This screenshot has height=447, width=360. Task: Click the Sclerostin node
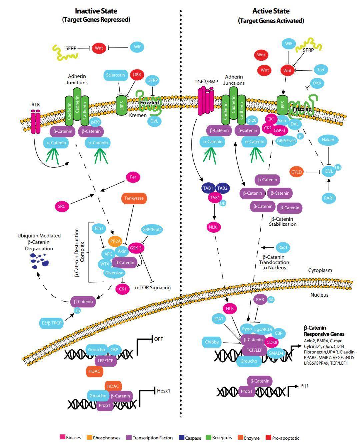pyautogui.click(x=116, y=75)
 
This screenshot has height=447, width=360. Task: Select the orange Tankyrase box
pyautogui.click(x=134, y=198)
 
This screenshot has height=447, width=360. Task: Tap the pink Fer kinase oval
pyautogui.click(x=133, y=177)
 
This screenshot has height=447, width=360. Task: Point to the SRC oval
pyautogui.click(x=62, y=206)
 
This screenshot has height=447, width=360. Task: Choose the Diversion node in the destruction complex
pyautogui.click(x=114, y=273)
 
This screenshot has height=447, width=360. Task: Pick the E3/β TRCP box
pyautogui.click(x=52, y=323)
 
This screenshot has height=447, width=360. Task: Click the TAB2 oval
pyautogui.click(x=222, y=188)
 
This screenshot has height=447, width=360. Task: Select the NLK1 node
pyautogui.click(x=214, y=227)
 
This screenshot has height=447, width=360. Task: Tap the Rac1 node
pyautogui.click(x=283, y=247)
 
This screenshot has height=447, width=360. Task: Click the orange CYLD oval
pyautogui.click(x=296, y=172)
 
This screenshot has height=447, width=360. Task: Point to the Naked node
pyautogui.click(x=328, y=140)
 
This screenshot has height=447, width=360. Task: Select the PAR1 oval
pyautogui.click(x=329, y=198)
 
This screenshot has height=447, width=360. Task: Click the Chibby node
pyautogui.click(x=212, y=342)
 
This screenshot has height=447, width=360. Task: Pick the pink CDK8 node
pyautogui.click(x=271, y=342)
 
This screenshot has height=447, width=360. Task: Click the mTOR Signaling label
pyautogui.click(x=153, y=288)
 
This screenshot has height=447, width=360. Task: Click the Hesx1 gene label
pyautogui.click(x=163, y=391)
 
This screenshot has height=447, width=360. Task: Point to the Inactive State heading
pyautogui.click(x=96, y=11)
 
